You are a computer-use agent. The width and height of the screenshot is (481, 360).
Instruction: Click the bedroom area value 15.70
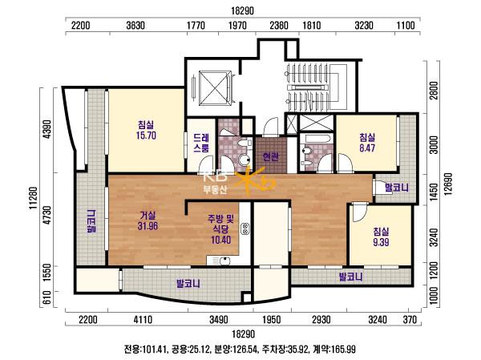pyautogui.click(x=147, y=136)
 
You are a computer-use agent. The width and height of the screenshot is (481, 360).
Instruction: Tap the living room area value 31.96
pyautogui.click(x=148, y=226)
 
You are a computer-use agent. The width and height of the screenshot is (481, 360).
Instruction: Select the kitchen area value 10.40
pyautogui.click(x=221, y=240)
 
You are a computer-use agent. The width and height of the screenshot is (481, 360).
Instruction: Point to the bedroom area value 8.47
pyautogui.click(x=367, y=148)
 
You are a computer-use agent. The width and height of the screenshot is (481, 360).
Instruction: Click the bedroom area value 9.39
pyautogui.click(x=381, y=242)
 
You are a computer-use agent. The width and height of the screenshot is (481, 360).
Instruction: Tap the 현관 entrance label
pyautogui.click(x=271, y=157)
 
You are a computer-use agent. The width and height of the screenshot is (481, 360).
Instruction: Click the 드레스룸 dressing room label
pyautogui.click(x=201, y=143)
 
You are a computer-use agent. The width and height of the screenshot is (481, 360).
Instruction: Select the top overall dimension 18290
pyautogui.click(x=242, y=10)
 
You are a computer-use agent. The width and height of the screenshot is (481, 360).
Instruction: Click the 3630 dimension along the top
pyautogui.click(x=135, y=25)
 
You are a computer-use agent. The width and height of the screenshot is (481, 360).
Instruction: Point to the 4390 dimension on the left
pyautogui.click(x=47, y=129)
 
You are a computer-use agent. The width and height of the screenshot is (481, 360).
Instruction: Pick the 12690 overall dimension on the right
pyautogui.click(x=448, y=184)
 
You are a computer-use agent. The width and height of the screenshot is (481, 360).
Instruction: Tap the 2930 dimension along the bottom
pyautogui.click(x=321, y=320)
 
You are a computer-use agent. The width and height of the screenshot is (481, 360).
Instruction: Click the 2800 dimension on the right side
pyautogui.click(x=434, y=91)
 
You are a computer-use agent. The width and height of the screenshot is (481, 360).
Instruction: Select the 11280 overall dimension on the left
pyautogui.click(x=33, y=198)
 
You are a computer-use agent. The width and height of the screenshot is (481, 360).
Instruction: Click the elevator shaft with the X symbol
pyautogui.click(x=215, y=88)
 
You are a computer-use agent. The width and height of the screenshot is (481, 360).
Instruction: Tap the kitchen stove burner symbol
pyautogui.click(x=245, y=229)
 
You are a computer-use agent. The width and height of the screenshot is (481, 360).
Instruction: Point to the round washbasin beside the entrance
pyautogui.click(x=245, y=160)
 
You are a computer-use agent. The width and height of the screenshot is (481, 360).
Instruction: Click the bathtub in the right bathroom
pyautogui.click(x=316, y=139)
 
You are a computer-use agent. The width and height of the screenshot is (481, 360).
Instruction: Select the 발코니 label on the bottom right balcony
pyautogui.click(x=350, y=277)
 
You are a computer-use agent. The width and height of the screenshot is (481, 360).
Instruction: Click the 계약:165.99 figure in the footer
pyautogui.click(x=334, y=350)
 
